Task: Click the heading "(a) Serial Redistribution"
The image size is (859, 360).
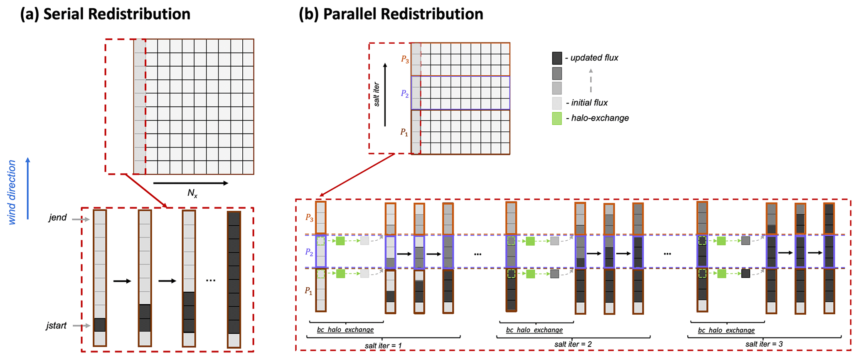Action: [105, 14]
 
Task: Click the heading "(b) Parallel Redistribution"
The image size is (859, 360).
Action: [391, 14]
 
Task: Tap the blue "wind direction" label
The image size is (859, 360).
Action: [12, 192]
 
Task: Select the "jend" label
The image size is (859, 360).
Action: [57, 217]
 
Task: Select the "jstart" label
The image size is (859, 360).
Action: [57, 325]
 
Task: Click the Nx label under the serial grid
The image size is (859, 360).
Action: [192, 193]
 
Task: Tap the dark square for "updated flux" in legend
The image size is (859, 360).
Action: [557, 58]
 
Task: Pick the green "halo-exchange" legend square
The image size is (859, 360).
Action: [557, 118]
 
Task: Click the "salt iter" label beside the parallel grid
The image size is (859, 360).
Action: [377, 94]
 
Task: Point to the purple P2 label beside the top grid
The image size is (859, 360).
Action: [405, 94]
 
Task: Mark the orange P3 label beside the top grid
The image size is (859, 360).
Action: [405, 59]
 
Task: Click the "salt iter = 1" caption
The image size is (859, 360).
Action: [383, 345]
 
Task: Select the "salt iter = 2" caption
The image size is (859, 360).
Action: [573, 344]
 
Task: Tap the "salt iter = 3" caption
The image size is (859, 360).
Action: [764, 344]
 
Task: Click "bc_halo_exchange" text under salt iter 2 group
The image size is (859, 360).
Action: [534, 330]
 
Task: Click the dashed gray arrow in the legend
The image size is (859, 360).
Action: [591, 81]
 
